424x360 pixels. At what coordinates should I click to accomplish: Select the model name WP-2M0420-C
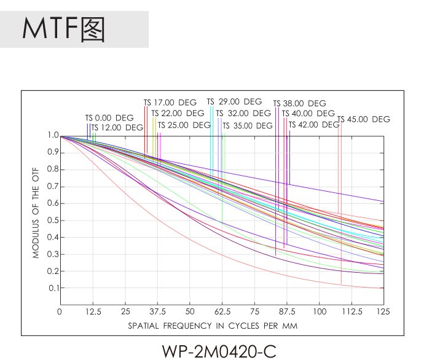tap(219, 351)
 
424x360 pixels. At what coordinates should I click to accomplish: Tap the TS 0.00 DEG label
tap(109, 117)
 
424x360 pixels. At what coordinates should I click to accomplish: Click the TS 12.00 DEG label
tap(117, 128)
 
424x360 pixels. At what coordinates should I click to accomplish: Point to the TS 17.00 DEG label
tap(170, 103)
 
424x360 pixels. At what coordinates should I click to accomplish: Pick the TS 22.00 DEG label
tap(178, 113)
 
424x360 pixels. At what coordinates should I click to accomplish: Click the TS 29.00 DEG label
tap(234, 102)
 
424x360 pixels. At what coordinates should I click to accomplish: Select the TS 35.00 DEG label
tap(248, 126)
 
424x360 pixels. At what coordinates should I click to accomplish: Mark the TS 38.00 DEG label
tap(300, 104)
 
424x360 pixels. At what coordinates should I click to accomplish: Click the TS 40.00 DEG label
tap(308, 114)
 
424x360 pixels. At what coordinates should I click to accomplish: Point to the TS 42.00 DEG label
tap(313, 125)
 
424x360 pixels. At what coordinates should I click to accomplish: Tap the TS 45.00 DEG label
tap(364, 119)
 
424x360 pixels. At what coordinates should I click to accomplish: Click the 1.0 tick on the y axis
tap(52, 135)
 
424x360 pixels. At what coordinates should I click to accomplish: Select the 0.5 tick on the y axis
tap(52, 220)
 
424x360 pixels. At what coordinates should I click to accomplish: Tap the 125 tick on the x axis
tap(383, 311)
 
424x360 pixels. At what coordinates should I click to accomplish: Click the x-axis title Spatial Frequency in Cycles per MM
tap(213, 326)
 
